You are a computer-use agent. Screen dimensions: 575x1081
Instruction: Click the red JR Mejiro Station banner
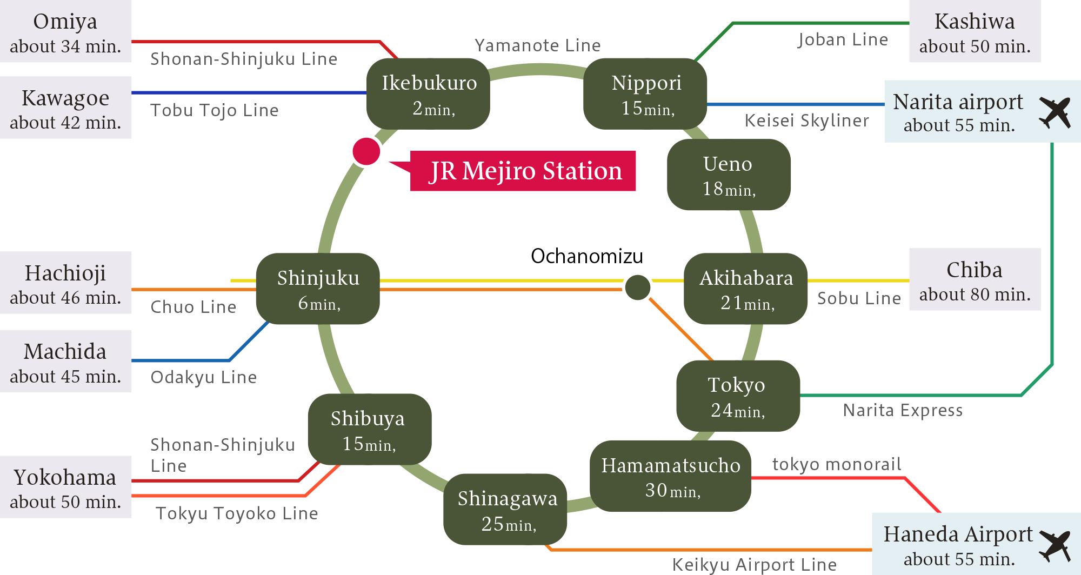point(523,171)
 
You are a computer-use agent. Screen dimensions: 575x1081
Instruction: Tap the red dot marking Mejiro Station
point(366,151)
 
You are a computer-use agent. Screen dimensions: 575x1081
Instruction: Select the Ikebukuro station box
point(428,94)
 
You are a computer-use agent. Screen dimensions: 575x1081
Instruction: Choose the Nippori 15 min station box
point(645,94)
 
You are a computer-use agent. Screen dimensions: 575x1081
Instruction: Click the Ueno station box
point(729,175)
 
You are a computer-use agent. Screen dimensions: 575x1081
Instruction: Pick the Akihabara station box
point(746,289)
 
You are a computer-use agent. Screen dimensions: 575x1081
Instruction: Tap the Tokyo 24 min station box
point(738,396)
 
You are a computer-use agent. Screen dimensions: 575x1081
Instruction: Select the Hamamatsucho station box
point(670,476)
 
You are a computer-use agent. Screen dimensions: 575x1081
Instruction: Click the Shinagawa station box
point(505,510)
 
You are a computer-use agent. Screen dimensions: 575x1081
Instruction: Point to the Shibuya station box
point(370,429)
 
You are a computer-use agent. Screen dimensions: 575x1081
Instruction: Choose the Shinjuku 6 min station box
point(318,289)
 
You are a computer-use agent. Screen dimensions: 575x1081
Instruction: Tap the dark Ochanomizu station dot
point(638,287)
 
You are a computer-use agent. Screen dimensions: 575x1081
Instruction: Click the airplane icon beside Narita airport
point(1055,112)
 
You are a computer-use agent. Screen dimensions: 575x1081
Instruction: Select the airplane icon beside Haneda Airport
point(1055,545)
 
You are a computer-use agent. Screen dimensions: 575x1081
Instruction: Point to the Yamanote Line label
point(537,45)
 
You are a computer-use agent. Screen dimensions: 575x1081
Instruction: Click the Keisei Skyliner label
point(806,121)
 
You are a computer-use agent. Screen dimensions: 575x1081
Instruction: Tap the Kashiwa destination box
point(975,32)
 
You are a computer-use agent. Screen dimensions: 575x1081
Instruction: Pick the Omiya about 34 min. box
point(65,32)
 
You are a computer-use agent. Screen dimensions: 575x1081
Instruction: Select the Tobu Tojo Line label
point(214,110)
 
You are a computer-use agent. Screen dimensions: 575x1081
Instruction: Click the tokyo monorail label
point(836,464)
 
